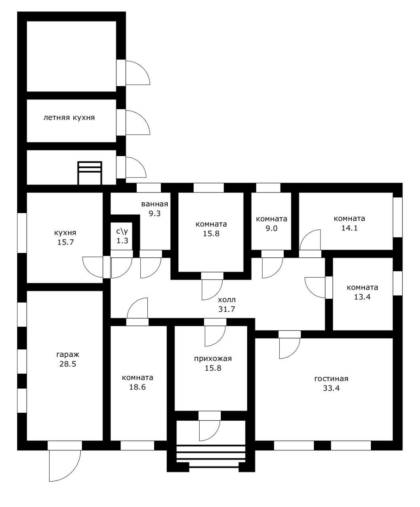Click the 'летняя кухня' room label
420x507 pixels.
69,118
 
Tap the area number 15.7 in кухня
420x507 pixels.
65,242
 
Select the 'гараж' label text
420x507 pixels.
68,355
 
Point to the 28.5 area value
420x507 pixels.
68,364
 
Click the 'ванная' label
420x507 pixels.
155,204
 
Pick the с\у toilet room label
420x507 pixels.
122,231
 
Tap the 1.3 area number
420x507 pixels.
122,241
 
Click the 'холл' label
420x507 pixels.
227,300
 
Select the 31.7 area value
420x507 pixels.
227,309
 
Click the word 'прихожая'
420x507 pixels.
213,358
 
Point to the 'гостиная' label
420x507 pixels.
331,379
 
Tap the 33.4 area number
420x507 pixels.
331,388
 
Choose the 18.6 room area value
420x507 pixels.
137,387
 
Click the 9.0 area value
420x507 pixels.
271,229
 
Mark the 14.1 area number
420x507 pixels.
349,228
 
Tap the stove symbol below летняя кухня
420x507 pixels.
90,173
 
